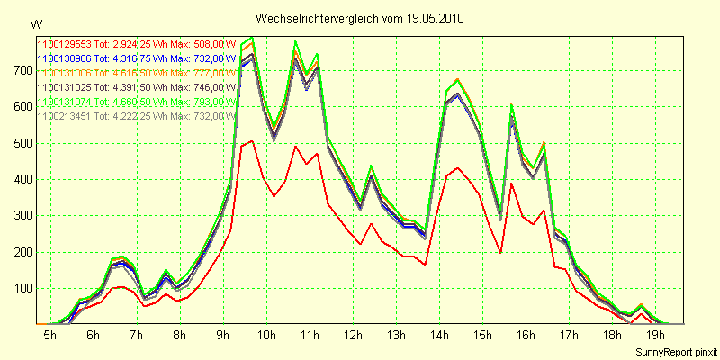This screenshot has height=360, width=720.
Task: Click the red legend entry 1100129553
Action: point(135,42)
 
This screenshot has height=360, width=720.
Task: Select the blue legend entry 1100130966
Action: point(135,57)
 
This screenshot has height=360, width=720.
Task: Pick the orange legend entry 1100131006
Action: point(135,71)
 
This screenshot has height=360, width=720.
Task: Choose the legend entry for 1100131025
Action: point(135,86)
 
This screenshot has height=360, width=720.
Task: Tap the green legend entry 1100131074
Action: point(135,101)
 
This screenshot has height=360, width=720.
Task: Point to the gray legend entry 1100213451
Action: point(135,115)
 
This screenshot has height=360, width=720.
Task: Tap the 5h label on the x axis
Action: point(49,335)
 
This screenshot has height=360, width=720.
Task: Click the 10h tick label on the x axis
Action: point(266,335)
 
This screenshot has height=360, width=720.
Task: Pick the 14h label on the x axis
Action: point(440,335)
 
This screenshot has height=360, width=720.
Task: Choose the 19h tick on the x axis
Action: point(657,335)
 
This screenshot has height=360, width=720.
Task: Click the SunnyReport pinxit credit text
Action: point(674,350)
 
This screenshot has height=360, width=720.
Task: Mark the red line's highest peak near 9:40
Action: point(253,140)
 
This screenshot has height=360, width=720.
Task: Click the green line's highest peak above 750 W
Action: point(253,38)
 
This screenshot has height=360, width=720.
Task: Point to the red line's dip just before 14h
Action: point(425,264)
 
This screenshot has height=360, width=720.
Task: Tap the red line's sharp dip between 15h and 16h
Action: point(500,252)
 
